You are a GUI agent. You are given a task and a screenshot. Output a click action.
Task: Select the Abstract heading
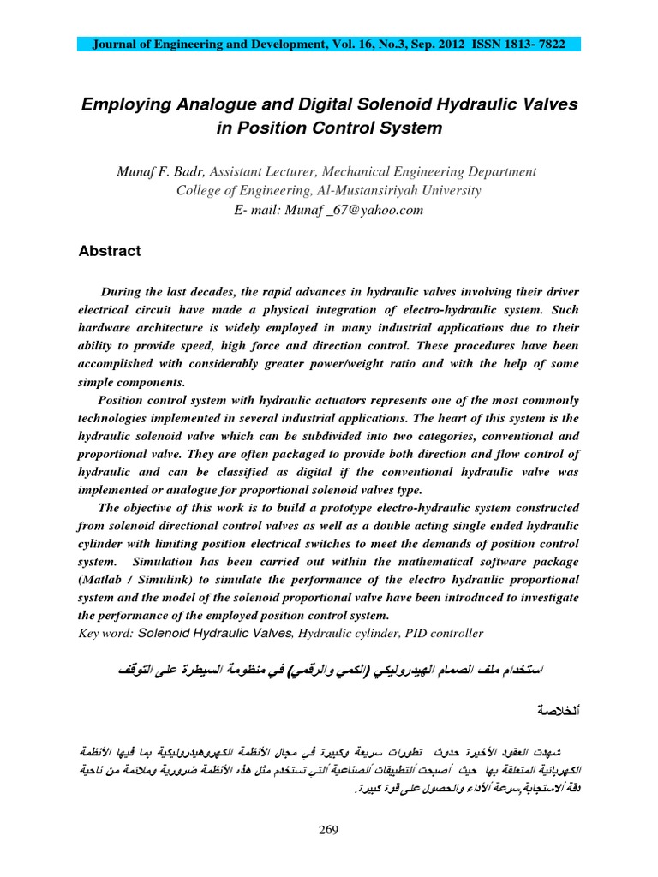pyautogui.click(x=109, y=252)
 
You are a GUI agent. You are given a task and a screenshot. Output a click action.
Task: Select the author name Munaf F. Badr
pyautogui.click(x=160, y=172)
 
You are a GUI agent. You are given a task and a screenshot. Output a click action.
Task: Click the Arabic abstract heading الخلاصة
pyautogui.click(x=553, y=711)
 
